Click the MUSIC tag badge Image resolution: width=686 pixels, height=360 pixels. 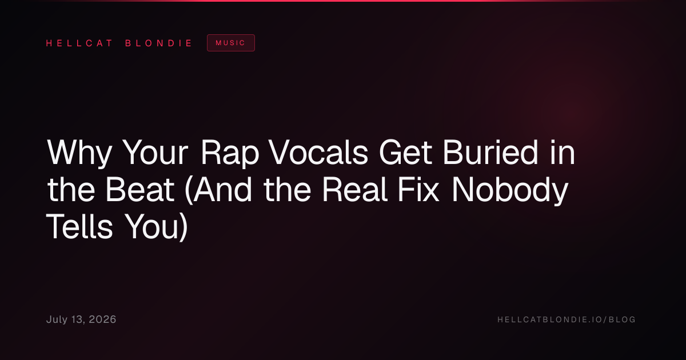pyautogui.click(x=231, y=43)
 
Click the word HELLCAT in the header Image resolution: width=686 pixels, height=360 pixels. pyautogui.click(x=79, y=43)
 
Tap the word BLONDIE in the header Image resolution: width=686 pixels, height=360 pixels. pyautogui.click(x=158, y=43)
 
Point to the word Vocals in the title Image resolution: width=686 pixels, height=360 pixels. pyautogui.click(x=318, y=152)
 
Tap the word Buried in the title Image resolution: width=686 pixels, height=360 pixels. pyautogui.click(x=490, y=152)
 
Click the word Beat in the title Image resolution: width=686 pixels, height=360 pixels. pyautogui.click(x=140, y=190)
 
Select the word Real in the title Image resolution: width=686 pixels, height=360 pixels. pyautogui.click(x=355, y=189)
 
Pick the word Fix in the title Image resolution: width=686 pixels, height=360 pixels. pyautogui.click(x=418, y=189)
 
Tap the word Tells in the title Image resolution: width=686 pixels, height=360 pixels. pyautogui.click(x=79, y=226)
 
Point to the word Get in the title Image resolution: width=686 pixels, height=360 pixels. pyautogui.click(x=405, y=152)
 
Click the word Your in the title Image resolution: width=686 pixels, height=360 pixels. pyautogui.click(x=155, y=153)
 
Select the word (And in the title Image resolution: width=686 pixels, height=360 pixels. pyautogui.click(x=218, y=190)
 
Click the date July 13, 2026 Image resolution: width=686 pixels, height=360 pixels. pyautogui.click(x=81, y=319)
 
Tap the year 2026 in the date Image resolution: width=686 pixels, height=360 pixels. pyautogui.click(x=102, y=319)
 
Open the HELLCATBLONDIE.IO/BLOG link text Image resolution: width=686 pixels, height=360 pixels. pyautogui.click(x=567, y=319)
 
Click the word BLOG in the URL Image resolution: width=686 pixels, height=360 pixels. pyautogui.click(x=622, y=319)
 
